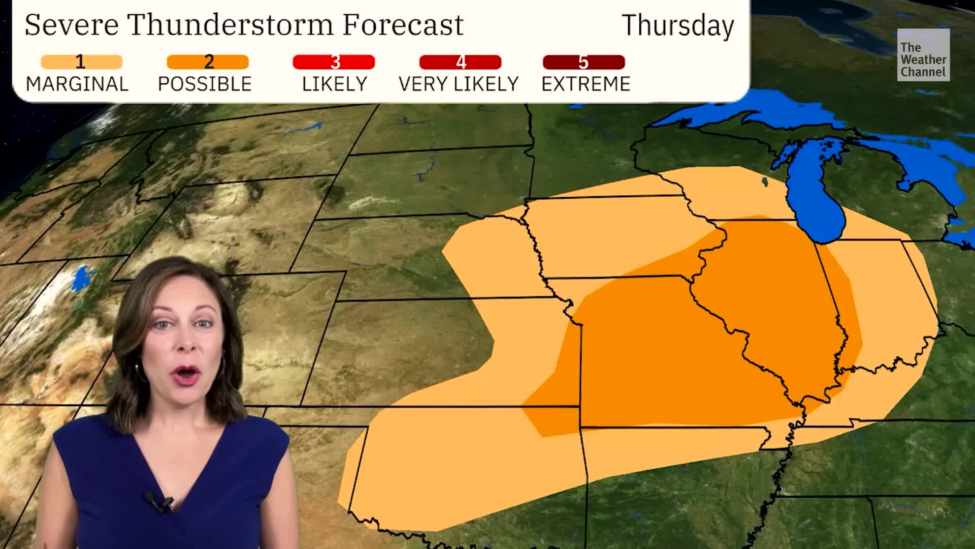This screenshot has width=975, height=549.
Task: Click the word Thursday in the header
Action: click(677, 25)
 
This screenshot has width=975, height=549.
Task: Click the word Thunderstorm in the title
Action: click(231, 24)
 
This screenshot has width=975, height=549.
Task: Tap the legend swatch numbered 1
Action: click(81, 62)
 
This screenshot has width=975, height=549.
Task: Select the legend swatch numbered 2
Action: click(208, 62)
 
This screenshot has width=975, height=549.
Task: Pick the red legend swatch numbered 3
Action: click(334, 62)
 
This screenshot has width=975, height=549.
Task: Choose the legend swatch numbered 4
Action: click(460, 62)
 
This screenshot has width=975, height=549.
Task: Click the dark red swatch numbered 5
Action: click(583, 62)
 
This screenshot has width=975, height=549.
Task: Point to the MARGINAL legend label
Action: click(77, 84)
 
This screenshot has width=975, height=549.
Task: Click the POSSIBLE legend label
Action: click(205, 84)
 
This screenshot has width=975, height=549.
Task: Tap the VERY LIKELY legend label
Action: click(459, 84)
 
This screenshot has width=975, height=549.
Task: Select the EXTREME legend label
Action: click(586, 84)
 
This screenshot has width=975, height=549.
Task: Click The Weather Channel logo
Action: click(923, 55)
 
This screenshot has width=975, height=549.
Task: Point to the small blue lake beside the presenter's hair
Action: click(81, 279)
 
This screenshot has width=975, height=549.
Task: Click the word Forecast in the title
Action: click(403, 24)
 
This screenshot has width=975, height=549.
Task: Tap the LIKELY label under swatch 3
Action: click(335, 84)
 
